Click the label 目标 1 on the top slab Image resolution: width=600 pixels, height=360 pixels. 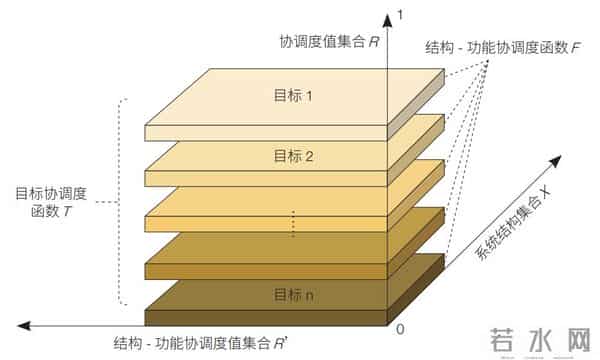click(x=294, y=97)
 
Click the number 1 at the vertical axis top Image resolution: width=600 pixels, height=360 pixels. click(x=400, y=15)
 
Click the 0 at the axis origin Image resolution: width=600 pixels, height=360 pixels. click(x=400, y=329)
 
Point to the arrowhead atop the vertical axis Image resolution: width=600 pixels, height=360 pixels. click(x=386, y=16)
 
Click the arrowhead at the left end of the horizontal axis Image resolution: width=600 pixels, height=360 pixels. click(x=22, y=325)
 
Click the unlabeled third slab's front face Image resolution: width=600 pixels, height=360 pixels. click(x=265, y=225)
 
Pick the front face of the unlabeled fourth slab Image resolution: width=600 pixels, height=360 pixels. click(x=265, y=270)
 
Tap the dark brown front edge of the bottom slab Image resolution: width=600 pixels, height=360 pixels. click(x=265, y=318)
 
